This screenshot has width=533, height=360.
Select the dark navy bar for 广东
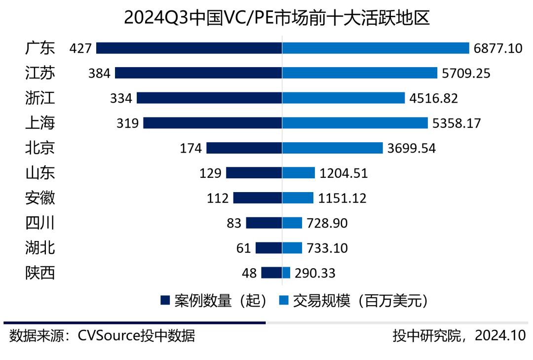(189, 48)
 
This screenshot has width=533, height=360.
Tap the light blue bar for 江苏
(360, 73)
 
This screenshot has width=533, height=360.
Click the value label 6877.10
(497, 48)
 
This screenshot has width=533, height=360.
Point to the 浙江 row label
(40, 98)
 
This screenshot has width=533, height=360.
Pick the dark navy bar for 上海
(213, 123)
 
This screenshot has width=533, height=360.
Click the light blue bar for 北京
(333, 148)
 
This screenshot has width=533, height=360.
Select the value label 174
(190, 148)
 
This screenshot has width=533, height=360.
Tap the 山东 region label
(40, 173)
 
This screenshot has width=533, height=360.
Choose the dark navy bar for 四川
(264, 223)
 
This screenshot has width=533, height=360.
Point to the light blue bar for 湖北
(292, 247)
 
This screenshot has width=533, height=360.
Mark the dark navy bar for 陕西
(271, 273)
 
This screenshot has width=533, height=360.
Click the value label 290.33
(315, 273)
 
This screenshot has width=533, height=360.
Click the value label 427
(81, 48)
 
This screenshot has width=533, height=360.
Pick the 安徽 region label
(40, 198)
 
